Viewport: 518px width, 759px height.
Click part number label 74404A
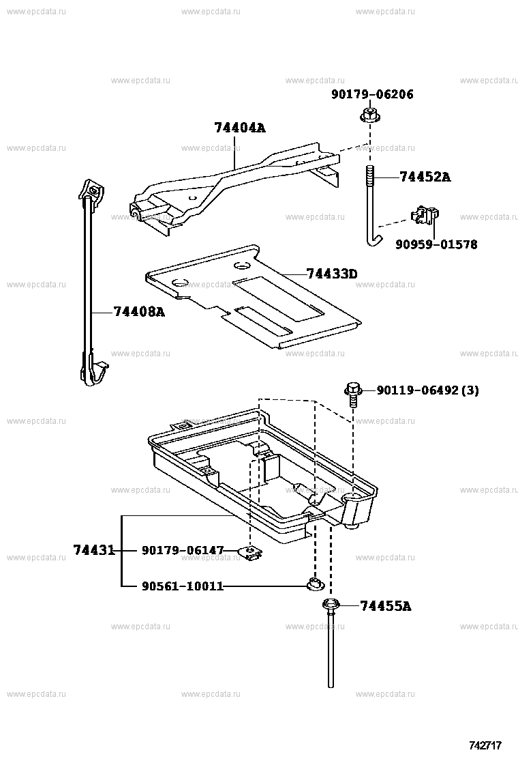click(x=239, y=128)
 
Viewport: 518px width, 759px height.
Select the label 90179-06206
click(x=372, y=95)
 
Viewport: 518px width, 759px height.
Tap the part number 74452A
click(x=425, y=177)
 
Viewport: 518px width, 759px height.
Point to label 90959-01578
click(x=436, y=244)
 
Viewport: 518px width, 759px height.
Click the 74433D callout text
click(x=332, y=274)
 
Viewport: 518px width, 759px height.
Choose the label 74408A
click(x=139, y=312)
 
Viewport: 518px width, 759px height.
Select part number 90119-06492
click(x=417, y=390)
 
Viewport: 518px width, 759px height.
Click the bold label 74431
click(x=94, y=550)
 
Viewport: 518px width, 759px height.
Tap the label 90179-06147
click(x=183, y=550)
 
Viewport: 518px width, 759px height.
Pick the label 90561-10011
click(x=183, y=586)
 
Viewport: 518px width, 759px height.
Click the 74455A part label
click(x=385, y=605)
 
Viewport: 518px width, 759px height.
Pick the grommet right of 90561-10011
click(x=315, y=584)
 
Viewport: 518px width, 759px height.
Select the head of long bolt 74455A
click(x=331, y=605)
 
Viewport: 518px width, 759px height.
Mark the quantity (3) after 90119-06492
click(x=470, y=390)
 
